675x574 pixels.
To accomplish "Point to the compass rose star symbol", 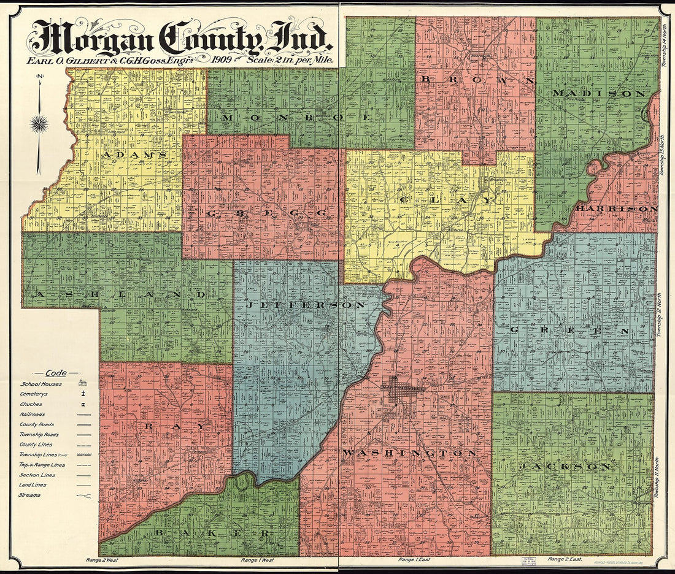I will pos(39,124).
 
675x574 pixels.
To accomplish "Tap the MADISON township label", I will pos(598,93).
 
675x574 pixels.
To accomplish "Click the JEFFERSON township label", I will pos(306,304).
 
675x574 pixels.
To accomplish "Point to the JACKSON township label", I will pos(565,467).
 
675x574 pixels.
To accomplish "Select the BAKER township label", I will pos(212,533).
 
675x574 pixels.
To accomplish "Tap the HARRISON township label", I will pos(616,209).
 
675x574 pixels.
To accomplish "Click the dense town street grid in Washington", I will pos(402,391).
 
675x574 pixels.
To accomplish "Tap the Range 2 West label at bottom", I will pos(101,560).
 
